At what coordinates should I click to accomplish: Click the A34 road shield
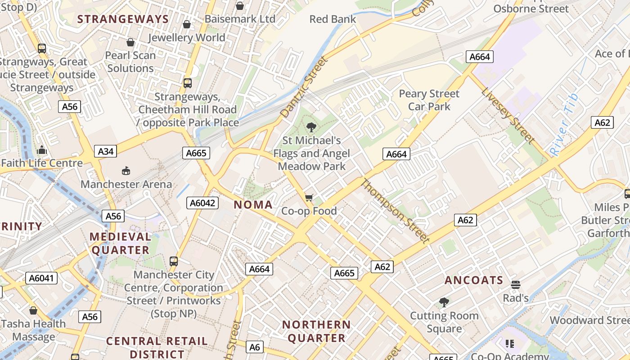106,151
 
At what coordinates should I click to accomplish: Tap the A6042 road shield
202,203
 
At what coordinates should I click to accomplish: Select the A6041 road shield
41,278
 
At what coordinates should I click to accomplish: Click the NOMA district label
253,205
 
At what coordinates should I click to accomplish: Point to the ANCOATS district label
474,280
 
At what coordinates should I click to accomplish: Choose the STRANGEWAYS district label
123,19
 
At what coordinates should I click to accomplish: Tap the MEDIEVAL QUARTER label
121,243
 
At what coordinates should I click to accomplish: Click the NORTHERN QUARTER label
316,331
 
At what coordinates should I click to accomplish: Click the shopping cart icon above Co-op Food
309,198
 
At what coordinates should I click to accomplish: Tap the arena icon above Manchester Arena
126,171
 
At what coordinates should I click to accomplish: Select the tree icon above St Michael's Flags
311,127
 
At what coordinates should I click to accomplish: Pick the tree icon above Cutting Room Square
444,302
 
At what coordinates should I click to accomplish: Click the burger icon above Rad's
516,284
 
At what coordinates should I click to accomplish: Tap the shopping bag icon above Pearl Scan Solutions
130,42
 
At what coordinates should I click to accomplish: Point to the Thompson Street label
395,211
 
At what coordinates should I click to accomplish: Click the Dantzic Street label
304,87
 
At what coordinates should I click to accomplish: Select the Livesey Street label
507,115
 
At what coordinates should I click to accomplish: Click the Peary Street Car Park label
429,100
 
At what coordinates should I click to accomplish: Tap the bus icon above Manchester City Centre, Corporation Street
174,261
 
